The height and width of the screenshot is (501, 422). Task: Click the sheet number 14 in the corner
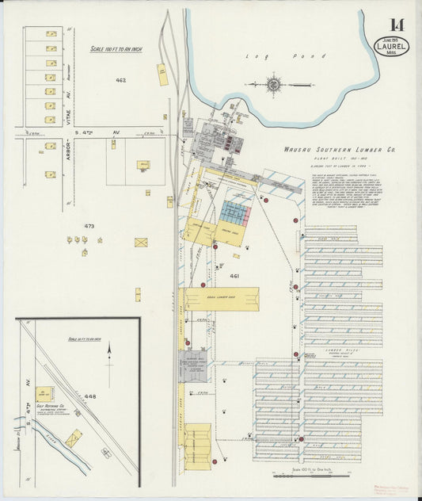(395, 25)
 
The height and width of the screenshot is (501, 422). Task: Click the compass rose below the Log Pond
(273, 83)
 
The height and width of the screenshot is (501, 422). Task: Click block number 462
(120, 80)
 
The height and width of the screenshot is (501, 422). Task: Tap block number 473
(89, 226)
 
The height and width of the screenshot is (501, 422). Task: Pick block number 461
(234, 275)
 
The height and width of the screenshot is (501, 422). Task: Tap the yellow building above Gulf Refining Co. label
(44, 392)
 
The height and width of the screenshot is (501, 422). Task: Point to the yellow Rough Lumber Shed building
(219, 299)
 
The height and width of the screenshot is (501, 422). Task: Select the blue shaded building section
(234, 212)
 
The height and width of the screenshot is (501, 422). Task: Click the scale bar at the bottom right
(305, 476)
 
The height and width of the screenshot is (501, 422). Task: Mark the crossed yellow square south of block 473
(142, 241)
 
